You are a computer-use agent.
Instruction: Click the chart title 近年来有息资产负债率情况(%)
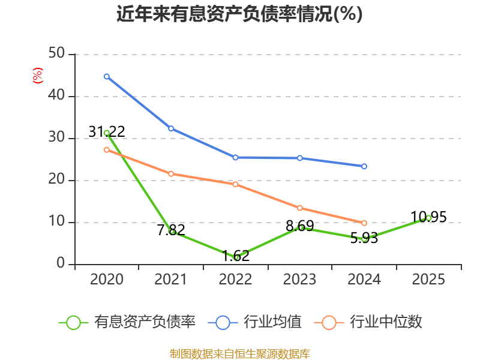point(239,14)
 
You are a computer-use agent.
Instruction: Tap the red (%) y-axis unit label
point(38,76)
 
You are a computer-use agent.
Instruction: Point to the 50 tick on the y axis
point(56,53)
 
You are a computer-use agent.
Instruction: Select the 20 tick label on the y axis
point(56,179)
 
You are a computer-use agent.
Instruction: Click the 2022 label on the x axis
point(235,279)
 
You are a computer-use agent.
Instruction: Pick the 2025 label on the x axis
point(428,279)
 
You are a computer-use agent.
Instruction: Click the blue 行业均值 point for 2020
point(107,77)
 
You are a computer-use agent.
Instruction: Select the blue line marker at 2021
point(171,128)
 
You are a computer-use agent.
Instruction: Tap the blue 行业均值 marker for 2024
point(364,167)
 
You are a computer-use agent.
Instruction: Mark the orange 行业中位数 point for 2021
point(171,174)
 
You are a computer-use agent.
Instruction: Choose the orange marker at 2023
point(299,208)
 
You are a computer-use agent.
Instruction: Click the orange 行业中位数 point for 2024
point(364,223)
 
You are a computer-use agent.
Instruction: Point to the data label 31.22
point(107,131)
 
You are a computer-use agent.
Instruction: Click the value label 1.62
point(235,256)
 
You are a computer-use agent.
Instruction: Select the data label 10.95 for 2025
point(428,217)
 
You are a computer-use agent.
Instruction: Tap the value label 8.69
point(299,226)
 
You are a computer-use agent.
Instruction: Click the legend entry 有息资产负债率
point(127,322)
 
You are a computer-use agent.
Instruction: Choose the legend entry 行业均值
point(254,322)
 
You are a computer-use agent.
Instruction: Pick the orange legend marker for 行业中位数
point(329,323)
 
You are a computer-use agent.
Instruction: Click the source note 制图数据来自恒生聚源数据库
point(240,354)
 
